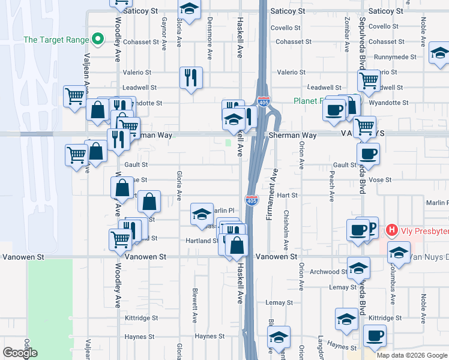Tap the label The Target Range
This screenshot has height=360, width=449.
coord(55,40)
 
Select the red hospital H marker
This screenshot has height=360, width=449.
coord(392,229)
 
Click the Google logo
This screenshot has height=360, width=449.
coord(20,353)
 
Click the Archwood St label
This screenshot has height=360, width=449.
coord(328,272)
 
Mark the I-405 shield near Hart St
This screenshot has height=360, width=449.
coord(252,200)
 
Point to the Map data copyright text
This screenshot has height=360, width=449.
coord(411,355)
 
